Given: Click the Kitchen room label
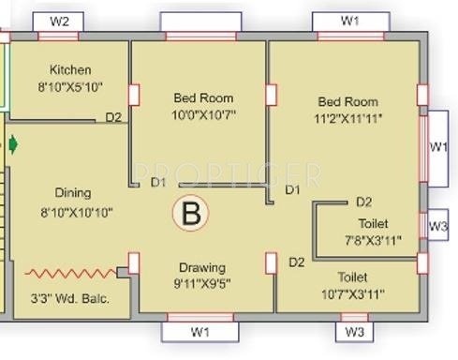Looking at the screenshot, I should (70, 69).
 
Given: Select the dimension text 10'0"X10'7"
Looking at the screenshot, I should (202, 114).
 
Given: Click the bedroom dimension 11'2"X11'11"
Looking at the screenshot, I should (347, 118).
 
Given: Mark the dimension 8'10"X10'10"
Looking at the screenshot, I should (77, 213).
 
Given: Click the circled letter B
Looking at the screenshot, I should (191, 214).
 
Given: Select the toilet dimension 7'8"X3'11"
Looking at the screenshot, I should (373, 239).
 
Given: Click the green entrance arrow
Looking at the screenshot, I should (13, 144).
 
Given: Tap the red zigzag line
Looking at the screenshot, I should (71, 274).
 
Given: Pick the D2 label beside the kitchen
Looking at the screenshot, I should (113, 117).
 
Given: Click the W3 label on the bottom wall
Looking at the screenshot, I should (353, 332).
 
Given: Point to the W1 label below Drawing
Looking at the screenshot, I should (199, 332).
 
